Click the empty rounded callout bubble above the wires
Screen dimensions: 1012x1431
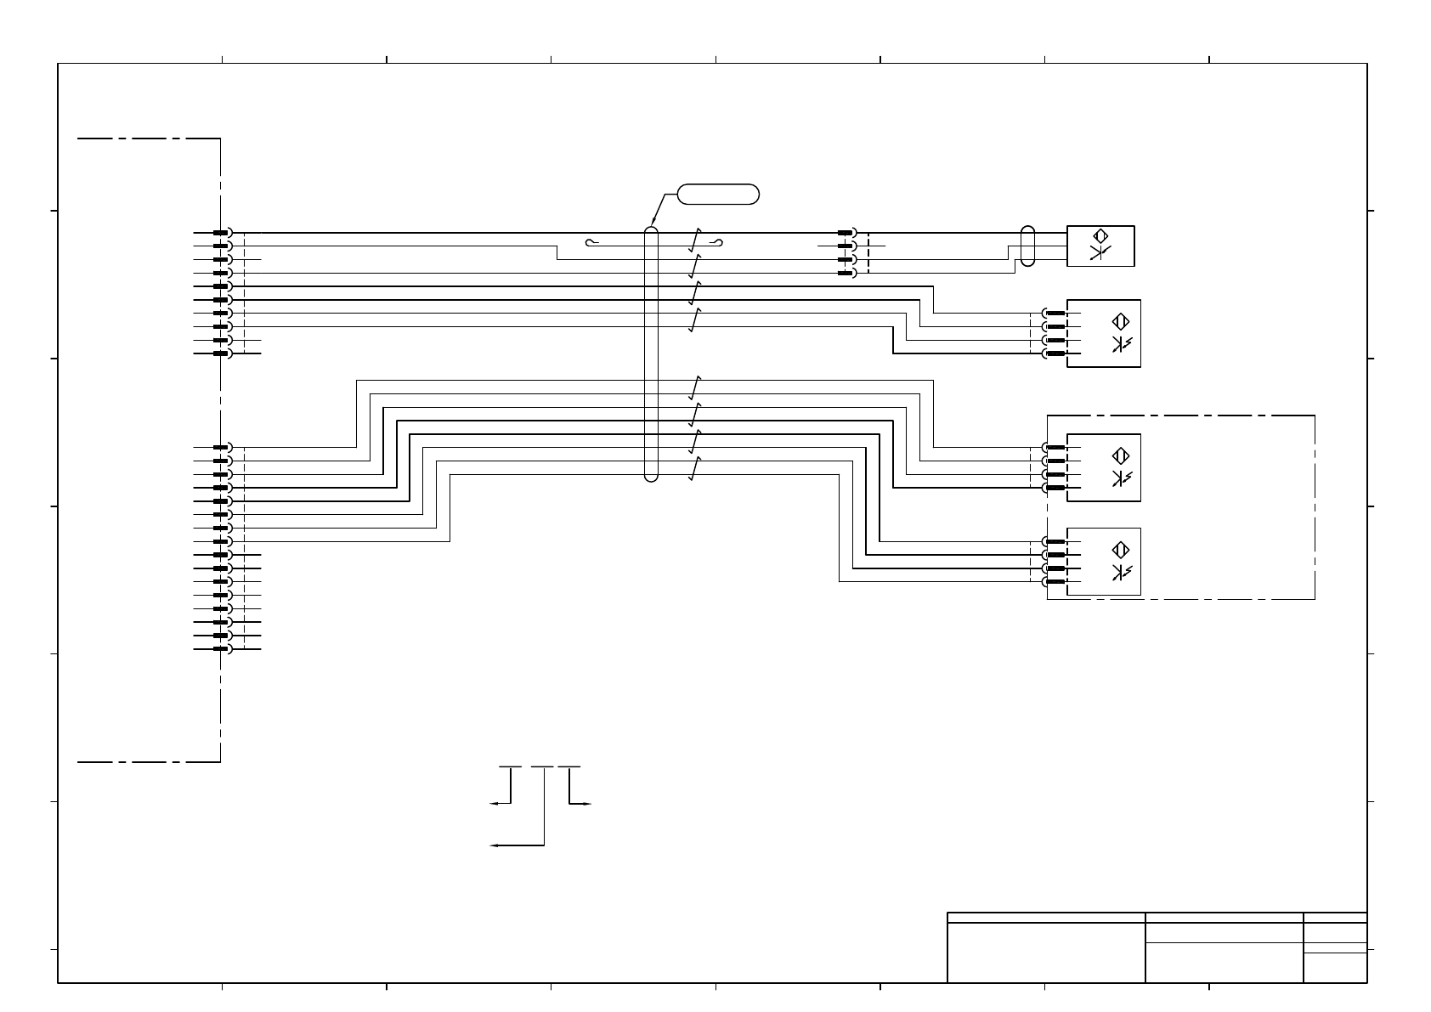point(718,194)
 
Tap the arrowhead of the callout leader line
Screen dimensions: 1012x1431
point(652,224)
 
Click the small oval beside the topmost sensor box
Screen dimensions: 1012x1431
point(1027,246)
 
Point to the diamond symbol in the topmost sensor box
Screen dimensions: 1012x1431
point(1100,235)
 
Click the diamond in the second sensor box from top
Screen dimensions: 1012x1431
point(1121,321)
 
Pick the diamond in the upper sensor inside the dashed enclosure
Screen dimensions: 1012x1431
point(1121,455)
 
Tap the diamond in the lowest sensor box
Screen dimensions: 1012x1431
point(1121,549)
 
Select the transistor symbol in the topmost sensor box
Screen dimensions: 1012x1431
point(1100,252)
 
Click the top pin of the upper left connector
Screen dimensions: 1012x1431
point(220,233)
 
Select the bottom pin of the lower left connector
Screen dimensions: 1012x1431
point(220,649)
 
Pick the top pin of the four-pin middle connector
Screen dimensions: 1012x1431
point(846,233)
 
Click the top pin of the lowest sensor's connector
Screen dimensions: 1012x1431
point(1055,541)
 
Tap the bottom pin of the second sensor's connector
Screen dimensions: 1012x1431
point(1055,353)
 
